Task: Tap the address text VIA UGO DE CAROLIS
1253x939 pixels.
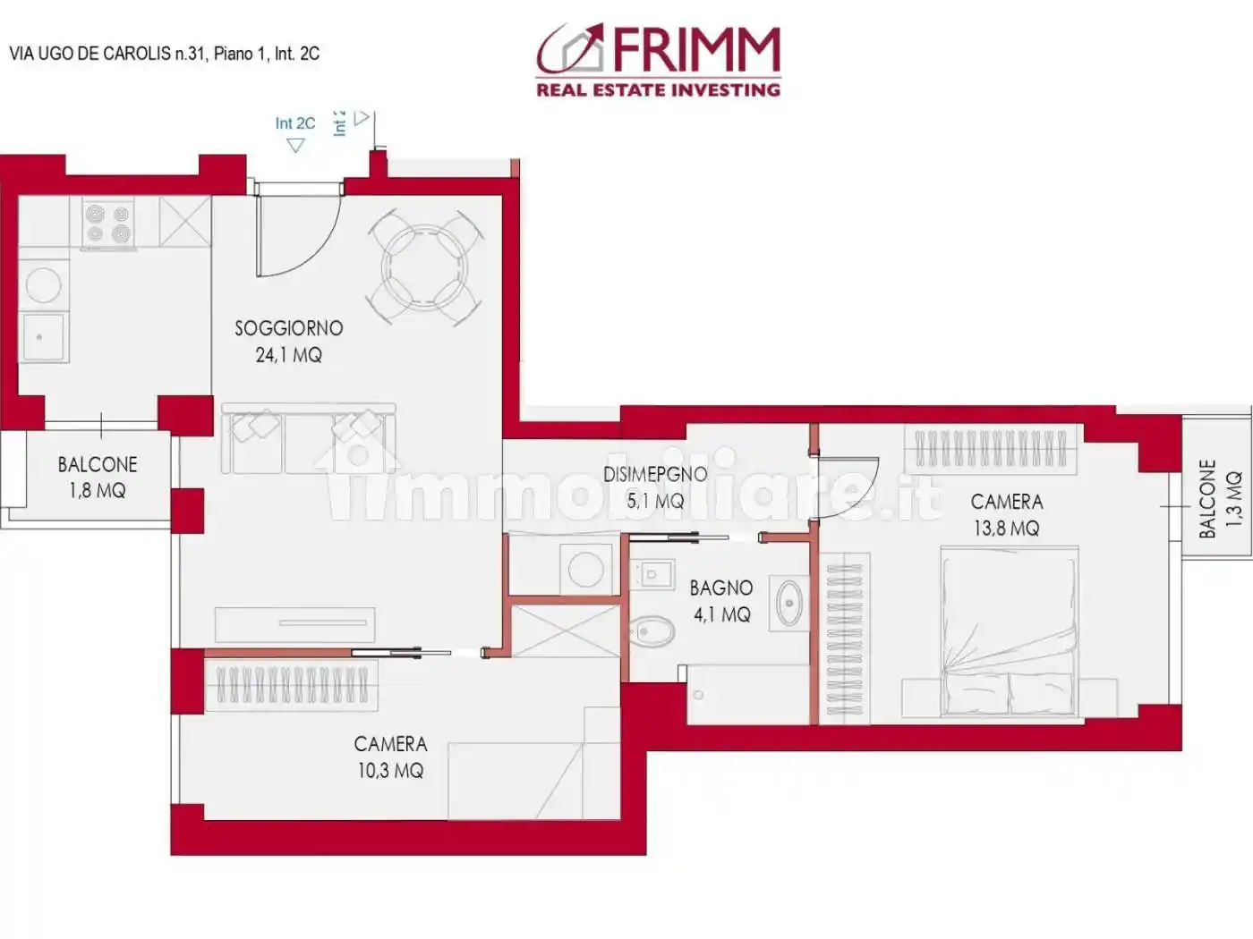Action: click(x=89, y=54)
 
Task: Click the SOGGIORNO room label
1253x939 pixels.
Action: click(x=288, y=328)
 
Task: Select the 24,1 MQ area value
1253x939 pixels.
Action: click(x=288, y=355)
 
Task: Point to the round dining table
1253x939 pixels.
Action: click(x=425, y=266)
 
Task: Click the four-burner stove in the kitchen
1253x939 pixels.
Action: click(x=107, y=224)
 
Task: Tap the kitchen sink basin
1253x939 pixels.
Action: click(x=43, y=337)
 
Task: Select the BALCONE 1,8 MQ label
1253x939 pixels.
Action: click(x=97, y=477)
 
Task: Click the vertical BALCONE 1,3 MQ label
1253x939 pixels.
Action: click(x=1220, y=498)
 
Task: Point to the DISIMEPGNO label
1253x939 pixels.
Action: click(x=654, y=474)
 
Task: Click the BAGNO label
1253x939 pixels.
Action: click(x=720, y=588)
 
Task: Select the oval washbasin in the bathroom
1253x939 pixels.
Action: click(x=789, y=603)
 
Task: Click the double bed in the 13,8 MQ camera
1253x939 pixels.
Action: click(x=1008, y=630)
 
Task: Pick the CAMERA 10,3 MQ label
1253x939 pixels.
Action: click(x=390, y=757)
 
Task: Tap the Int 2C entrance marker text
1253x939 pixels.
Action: click(x=294, y=123)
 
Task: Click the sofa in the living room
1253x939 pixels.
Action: click(x=309, y=438)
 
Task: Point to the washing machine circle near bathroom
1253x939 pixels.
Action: click(x=585, y=570)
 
